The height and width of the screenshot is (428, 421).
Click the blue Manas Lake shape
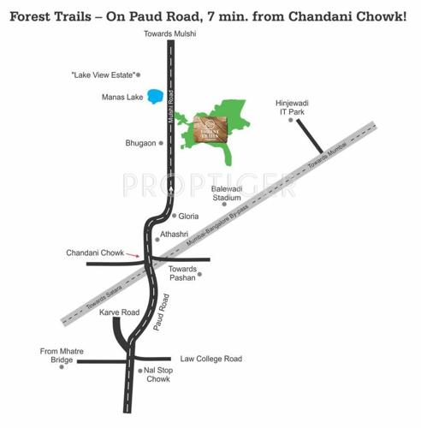tap(155, 98)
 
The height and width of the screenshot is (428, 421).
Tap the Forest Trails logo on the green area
tap(210, 129)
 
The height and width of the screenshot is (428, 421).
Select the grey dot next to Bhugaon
tap(160, 143)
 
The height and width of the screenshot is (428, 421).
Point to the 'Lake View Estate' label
tap(103, 75)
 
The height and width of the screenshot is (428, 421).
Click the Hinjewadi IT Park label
tap(292, 106)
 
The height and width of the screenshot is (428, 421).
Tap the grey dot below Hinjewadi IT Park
tap(290, 121)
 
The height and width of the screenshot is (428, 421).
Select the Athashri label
tap(175, 233)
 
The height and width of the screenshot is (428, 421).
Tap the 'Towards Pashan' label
tap(182, 274)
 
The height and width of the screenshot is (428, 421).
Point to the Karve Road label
tap(118, 312)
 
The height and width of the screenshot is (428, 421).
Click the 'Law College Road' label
tap(210, 359)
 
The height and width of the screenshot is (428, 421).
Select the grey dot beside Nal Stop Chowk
tap(140, 371)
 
